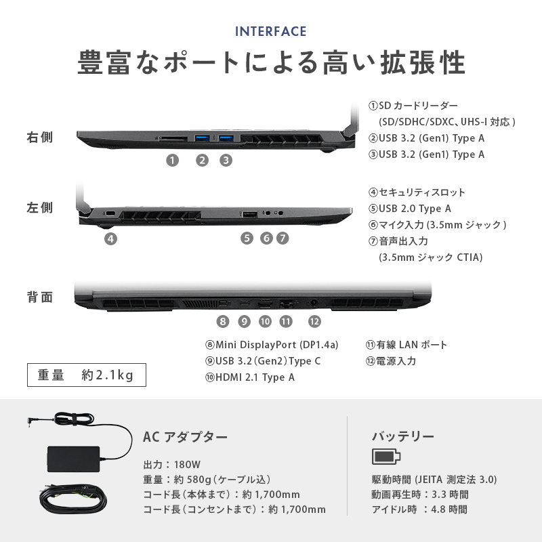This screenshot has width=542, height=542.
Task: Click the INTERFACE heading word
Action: coord(271,31)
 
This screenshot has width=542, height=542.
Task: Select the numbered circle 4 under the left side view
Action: coord(110,238)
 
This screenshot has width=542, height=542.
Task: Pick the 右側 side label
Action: coord(40,138)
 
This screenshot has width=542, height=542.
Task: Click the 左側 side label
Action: coord(40,207)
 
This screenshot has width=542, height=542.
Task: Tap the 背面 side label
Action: coord(40,297)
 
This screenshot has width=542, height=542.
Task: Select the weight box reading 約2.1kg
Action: coord(86,375)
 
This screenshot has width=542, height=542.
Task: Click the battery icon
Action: coord(386,456)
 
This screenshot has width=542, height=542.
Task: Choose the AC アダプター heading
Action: coord(186,436)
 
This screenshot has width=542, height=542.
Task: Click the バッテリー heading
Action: coord(403,436)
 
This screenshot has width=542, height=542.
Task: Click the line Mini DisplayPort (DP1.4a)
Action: coord(272,345)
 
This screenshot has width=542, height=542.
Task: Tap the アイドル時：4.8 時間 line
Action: coord(419,509)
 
